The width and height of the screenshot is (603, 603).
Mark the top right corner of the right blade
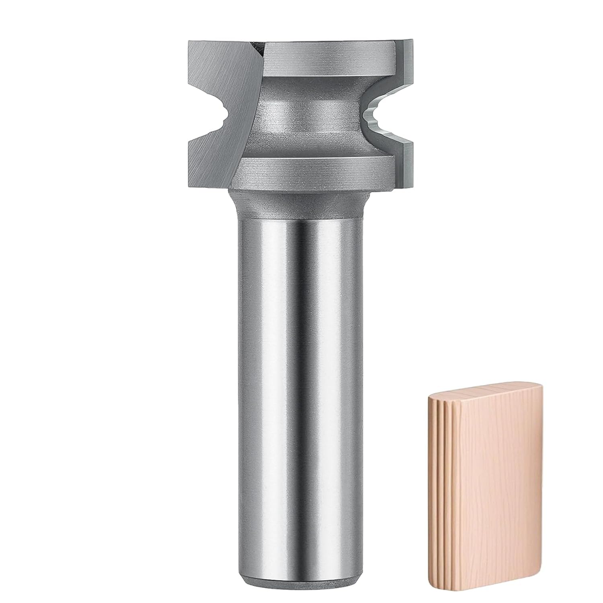[x=411, y=43]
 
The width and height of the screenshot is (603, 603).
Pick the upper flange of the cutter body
[x=327, y=60]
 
